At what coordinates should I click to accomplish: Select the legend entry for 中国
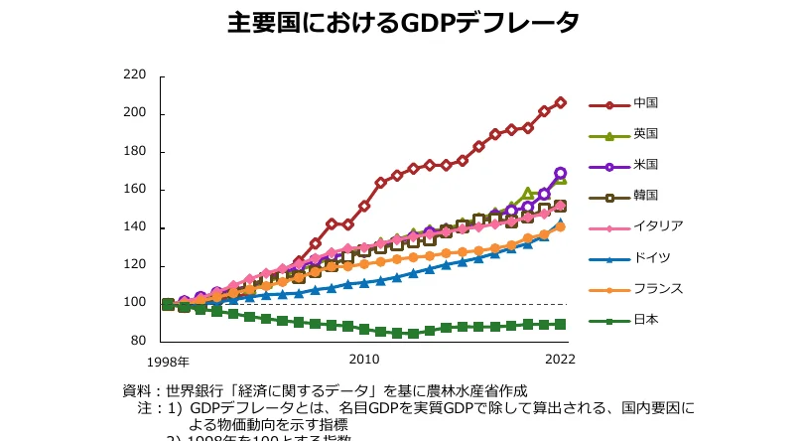tap(646, 103)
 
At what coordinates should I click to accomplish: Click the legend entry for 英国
tap(646, 134)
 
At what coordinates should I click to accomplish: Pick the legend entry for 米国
tap(646, 164)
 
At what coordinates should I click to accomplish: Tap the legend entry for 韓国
tap(646, 195)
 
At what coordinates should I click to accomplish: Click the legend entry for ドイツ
tap(652, 257)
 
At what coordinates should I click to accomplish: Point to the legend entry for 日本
tap(646, 319)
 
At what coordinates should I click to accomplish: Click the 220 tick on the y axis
tap(135, 74)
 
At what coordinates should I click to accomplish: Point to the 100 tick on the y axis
tap(135, 303)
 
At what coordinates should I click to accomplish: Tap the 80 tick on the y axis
tap(138, 341)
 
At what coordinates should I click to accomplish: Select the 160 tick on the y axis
tap(135, 189)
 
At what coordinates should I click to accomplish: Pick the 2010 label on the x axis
tap(364, 359)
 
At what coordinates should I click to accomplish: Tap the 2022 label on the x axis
tap(560, 359)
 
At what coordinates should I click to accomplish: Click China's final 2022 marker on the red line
tap(561, 102)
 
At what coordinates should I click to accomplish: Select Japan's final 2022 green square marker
tap(561, 324)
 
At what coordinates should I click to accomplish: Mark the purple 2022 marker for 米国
tap(561, 173)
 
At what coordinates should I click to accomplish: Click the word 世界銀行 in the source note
tap(195, 390)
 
